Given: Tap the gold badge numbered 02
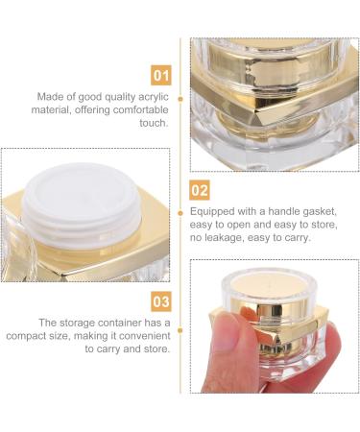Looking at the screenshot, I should (x=200, y=189).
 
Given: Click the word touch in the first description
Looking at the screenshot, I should (x=152, y=124).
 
